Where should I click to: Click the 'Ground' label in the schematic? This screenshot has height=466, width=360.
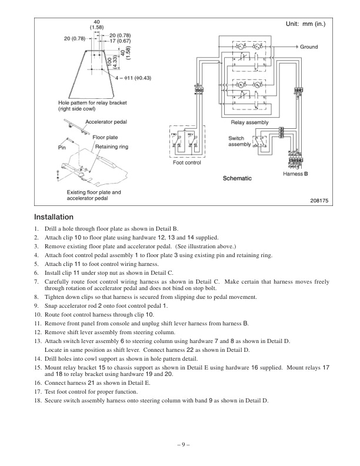(x=308, y=46)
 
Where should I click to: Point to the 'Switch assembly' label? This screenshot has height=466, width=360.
(x=239, y=141)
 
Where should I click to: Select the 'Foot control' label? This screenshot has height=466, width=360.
(x=186, y=163)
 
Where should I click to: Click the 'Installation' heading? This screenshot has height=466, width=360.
(x=54, y=217)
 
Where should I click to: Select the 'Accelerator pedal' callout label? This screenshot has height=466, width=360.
(x=105, y=122)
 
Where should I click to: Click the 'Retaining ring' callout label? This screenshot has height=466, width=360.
(x=112, y=147)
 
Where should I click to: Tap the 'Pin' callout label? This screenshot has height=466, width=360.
(x=61, y=147)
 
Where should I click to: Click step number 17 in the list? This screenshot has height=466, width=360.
(x=38, y=391)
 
